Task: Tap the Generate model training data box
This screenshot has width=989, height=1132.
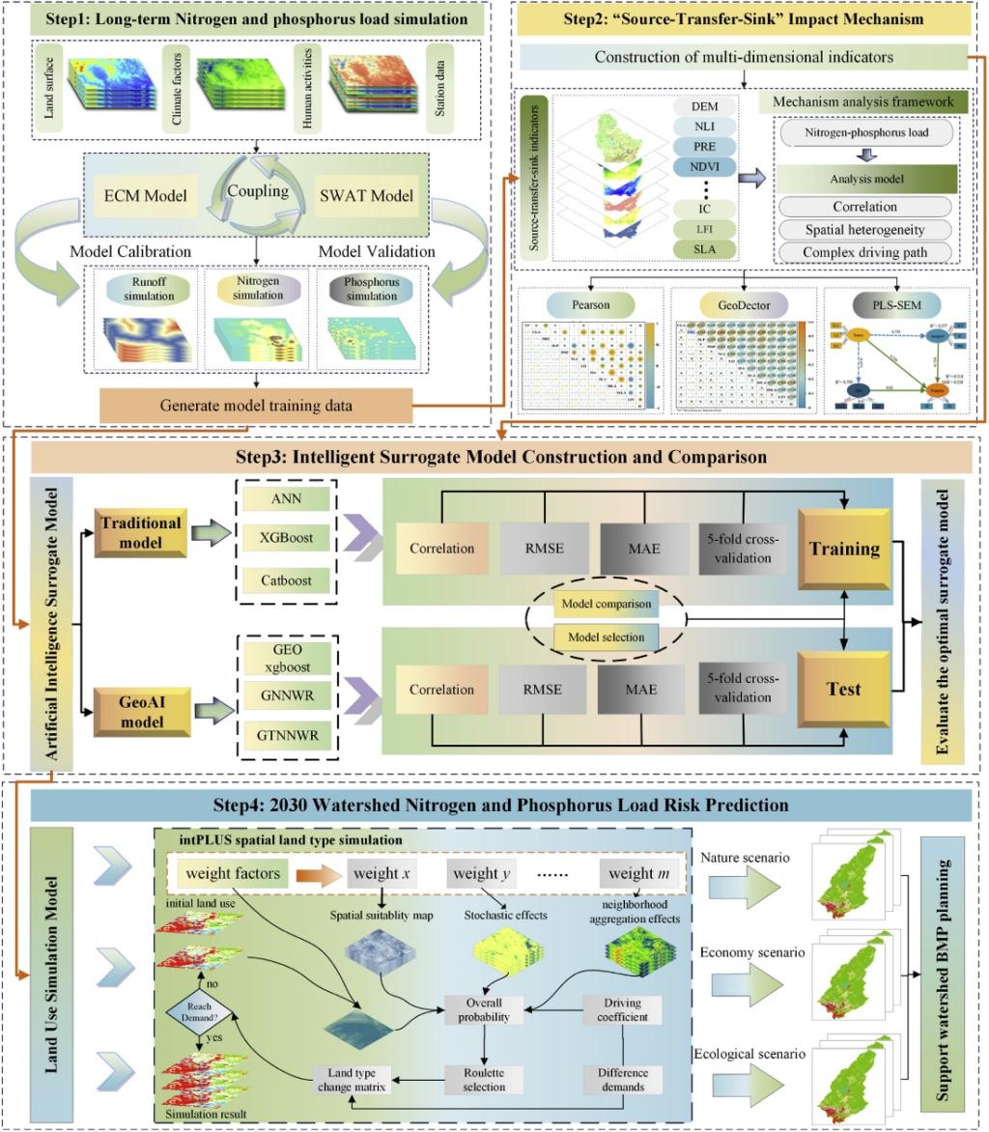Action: (256, 405)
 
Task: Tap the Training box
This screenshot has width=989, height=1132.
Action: (843, 549)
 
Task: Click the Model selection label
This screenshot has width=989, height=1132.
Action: (606, 637)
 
